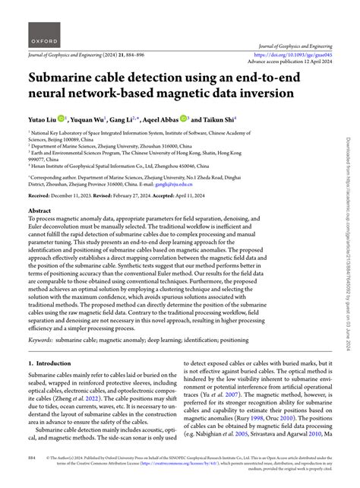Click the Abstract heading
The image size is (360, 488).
pos(40,209)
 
